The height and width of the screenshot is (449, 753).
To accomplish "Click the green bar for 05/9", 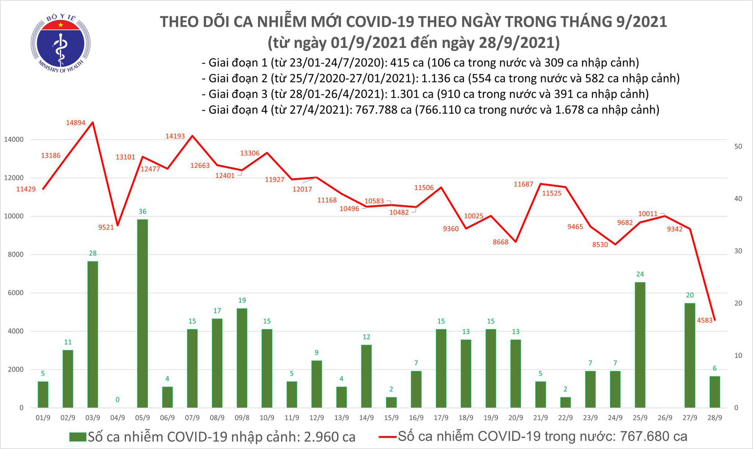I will point(142,313).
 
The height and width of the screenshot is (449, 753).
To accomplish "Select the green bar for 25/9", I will point(640,345).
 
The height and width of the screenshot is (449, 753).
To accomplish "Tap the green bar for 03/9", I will point(93,334).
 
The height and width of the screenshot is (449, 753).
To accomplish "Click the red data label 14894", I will point(76,123).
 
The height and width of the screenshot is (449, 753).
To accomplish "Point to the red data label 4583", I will point(705,320).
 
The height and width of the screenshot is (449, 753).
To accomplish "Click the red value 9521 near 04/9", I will point(106,227).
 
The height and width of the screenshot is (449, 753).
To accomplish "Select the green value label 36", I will point(142,211).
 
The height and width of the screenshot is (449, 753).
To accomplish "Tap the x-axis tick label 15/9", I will point(391,418).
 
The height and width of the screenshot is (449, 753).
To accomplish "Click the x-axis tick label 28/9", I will point(715,418).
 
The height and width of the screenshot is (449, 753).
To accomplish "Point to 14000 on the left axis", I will point(14,139).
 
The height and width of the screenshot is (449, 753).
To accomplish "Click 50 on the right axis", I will point(738,146).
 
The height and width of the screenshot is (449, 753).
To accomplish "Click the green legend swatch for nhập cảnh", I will point(78,437).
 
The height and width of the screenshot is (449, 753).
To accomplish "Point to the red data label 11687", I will point(523,184).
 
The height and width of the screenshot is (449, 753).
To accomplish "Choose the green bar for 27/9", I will point(690,355).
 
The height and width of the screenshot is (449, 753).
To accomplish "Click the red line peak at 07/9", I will point(192,135).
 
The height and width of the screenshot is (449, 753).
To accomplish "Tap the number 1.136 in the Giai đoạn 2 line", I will point(436,78).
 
